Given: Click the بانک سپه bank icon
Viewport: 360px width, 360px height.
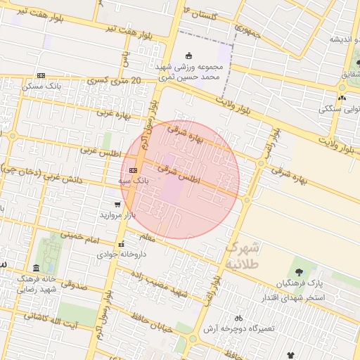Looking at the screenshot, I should pyautogui.click(x=134, y=170).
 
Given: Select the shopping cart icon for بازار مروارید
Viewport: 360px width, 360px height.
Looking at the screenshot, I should pyautogui.click(x=107, y=205).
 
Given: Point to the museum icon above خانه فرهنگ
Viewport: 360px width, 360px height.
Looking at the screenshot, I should pyautogui.click(x=36, y=268).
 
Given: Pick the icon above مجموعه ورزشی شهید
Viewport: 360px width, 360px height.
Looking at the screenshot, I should pyautogui.click(x=188, y=56).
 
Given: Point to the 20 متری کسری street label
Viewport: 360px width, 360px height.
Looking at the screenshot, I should pyautogui.click(x=116, y=82).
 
